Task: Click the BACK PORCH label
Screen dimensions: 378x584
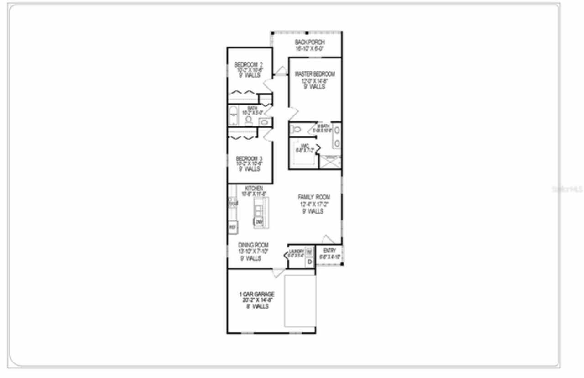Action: [x=309, y=42]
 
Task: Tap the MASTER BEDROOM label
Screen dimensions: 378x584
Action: [x=314, y=74]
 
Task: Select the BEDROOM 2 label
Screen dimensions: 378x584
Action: [x=249, y=64]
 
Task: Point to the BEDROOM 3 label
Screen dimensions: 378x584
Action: [x=249, y=158]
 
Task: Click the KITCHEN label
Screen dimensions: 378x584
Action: [x=254, y=188]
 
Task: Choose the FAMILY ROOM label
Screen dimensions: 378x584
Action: [x=314, y=197]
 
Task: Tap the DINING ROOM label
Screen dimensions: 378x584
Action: [x=253, y=245]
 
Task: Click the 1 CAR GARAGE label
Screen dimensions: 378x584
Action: [x=255, y=294]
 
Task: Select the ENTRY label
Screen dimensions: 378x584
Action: [x=329, y=251]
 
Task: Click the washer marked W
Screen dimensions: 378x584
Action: [x=308, y=252]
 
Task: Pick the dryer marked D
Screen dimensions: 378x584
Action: [x=309, y=262]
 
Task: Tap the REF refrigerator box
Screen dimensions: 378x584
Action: [x=233, y=226]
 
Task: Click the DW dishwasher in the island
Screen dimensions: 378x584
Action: [x=259, y=222]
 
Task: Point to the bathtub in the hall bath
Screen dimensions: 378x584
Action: [x=234, y=116]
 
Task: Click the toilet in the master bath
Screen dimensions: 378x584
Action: [x=296, y=130]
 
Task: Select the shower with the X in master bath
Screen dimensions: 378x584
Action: [x=330, y=162]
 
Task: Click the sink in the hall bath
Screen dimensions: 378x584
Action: [x=264, y=122]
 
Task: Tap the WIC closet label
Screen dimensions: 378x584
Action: [x=305, y=146]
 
